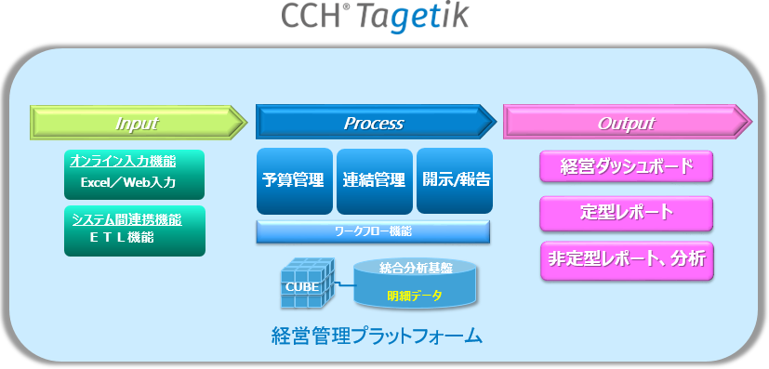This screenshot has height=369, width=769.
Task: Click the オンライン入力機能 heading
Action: pos(123,161)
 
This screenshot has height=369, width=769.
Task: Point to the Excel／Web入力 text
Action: pos(127,182)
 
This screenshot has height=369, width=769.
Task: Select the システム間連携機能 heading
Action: pos(126,219)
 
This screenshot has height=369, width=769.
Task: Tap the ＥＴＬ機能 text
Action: pos(122,238)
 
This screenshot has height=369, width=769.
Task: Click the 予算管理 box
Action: pos(293,180)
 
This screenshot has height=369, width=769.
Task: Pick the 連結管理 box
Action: pos(374,180)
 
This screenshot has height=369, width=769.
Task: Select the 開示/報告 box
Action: pos(455,180)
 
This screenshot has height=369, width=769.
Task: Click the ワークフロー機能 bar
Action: pos(374,230)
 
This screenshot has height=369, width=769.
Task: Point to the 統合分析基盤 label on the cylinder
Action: pos(417,269)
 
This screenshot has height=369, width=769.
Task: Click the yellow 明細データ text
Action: pos(415,297)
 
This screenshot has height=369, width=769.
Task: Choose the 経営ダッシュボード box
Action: pos(626,167)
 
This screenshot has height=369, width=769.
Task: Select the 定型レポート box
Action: pos(626,213)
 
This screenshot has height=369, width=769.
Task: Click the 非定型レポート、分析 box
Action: pos(626,259)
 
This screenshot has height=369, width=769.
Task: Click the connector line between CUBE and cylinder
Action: pos(338,282)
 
